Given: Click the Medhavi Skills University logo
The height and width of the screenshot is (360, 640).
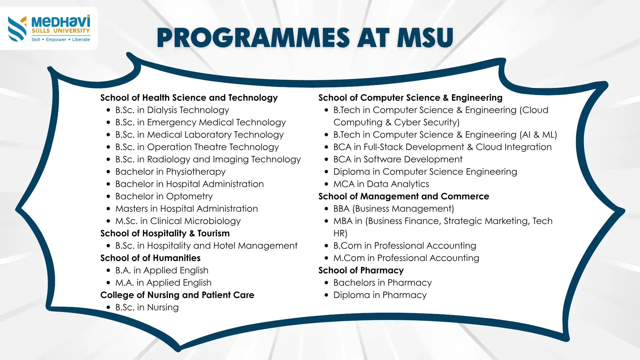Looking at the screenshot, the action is tap(49, 29).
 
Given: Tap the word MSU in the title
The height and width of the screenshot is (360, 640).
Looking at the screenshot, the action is tap(425, 38).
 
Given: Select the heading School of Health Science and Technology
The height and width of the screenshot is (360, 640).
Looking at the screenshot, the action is tap(189, 98).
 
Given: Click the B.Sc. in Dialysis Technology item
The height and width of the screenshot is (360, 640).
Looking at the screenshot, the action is tap(172, 110).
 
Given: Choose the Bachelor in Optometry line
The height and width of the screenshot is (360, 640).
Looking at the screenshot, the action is tap(164, 196).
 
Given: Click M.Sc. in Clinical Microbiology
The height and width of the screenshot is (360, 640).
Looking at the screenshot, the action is tap(178, 221).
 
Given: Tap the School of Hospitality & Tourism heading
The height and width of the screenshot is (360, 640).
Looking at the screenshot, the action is tap(165, 233).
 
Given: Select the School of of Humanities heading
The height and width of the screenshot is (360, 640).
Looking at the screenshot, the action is tap(150, 258).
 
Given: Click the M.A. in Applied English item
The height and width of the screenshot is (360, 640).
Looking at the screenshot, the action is tap(163, 283).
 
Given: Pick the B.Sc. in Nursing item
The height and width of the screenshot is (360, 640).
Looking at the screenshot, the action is tap(147, 307).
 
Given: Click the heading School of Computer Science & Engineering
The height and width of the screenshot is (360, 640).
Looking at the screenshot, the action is tap(410, 98).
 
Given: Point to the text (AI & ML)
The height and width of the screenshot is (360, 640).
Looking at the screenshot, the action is tap(538, 135).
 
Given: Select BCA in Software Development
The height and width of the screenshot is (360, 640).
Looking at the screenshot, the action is tap(398, 159).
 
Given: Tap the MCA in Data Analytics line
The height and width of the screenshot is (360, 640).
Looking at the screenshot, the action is tap(381, 184).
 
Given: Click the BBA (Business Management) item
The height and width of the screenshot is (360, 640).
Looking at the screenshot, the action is tap(394, 209).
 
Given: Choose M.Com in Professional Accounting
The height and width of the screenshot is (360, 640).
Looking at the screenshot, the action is tap(406, 258).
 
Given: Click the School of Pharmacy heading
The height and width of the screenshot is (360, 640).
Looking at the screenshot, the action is tap(361, 270).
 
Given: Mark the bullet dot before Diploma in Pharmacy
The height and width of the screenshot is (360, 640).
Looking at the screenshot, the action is tap(326, 295).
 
